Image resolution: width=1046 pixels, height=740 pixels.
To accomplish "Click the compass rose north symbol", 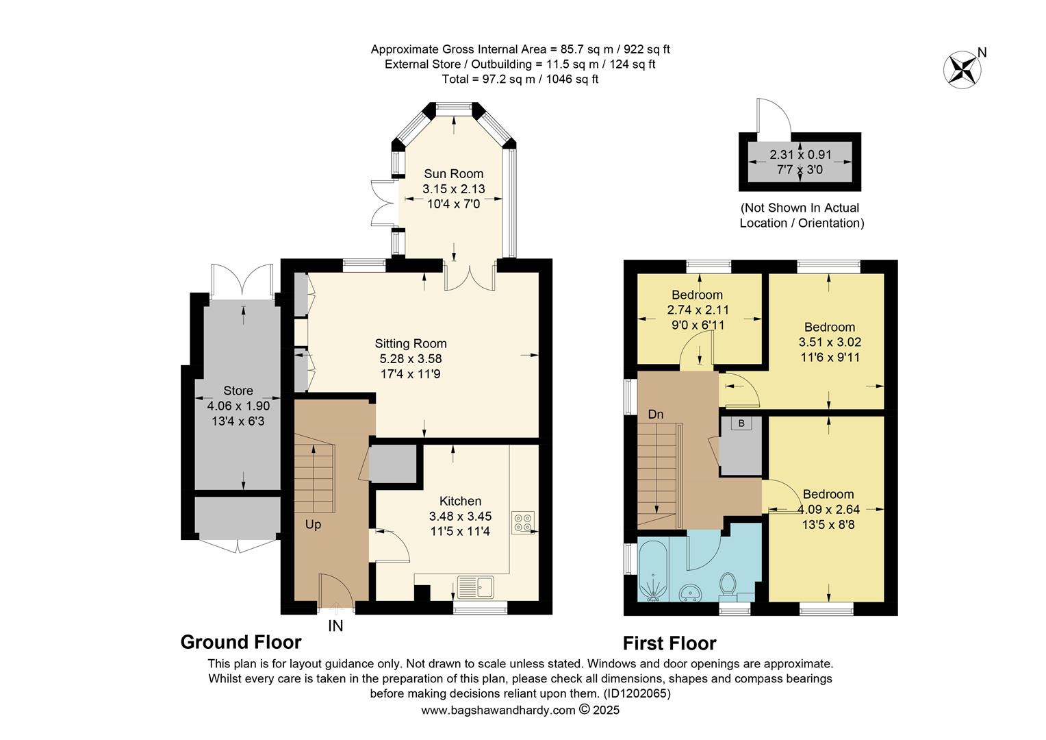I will (x=962, y=69).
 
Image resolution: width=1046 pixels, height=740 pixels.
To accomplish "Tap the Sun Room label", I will (x=453, y=174).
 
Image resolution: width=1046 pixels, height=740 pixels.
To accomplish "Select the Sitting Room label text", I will (x=411, y=344).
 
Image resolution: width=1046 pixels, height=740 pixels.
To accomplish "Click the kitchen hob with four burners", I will (x=524, y=522).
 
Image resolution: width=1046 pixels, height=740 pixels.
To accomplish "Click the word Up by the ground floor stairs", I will (x=313, y=525).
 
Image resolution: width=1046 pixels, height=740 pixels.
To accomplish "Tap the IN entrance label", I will (x=335, y=626).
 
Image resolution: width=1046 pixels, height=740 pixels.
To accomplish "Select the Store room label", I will (x=238, y=391).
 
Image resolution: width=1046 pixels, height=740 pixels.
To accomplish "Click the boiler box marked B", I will (x=741, y=424).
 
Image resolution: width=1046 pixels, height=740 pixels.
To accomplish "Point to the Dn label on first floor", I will (x=656, y=415).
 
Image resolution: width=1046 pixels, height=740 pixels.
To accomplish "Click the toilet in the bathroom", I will (x=728, y=584).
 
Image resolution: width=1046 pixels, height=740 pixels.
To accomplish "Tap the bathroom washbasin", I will (x=689, y=592).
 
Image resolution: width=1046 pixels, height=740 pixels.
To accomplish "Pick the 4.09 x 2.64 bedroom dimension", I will (x=828, y=510).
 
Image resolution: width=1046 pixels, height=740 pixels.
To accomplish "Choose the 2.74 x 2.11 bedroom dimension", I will (x=698, y=310).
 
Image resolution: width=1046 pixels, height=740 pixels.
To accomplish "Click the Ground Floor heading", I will (x=240, y=642).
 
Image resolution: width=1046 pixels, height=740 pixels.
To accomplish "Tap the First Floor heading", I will (x=669, y=643).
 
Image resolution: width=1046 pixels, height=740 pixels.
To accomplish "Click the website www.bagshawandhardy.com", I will (x=498, y=711).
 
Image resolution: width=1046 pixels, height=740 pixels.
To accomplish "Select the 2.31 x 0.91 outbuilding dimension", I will (x=800, y=155).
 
